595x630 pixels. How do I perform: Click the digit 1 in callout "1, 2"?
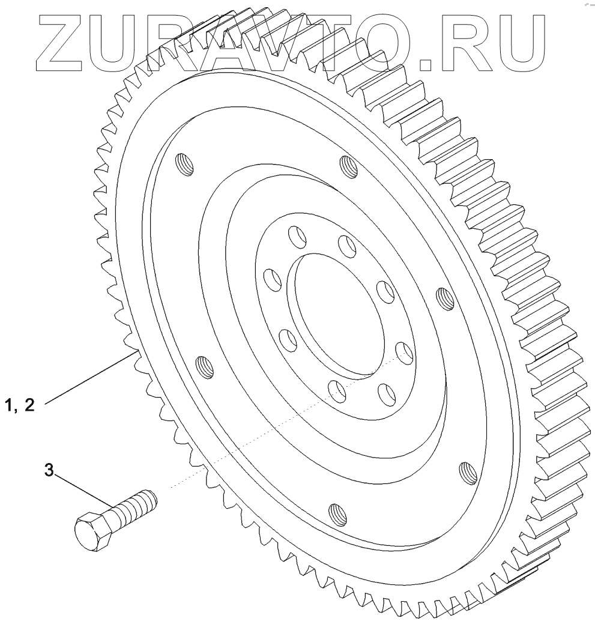10,406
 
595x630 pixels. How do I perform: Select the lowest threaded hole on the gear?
337,515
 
